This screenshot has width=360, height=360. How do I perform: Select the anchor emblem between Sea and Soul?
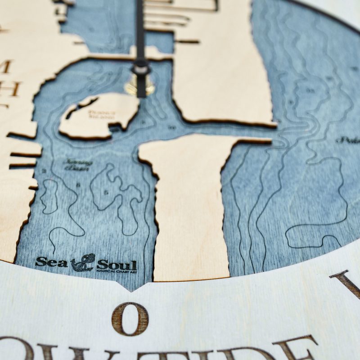coord(83,262)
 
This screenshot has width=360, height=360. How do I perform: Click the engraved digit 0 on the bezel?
coord(130,319)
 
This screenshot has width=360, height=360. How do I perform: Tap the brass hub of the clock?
coord(140,85)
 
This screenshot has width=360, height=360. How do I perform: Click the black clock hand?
coord(140,36)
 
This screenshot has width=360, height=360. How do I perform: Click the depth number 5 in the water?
coord(107,193)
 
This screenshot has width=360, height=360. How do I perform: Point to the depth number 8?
coord(78,184)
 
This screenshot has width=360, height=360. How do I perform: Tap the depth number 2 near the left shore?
coord(45,171)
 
